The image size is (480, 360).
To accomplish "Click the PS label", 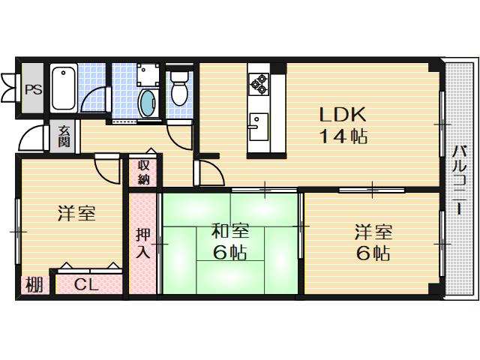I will (32, 88).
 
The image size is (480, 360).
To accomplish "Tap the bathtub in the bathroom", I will (63, 88).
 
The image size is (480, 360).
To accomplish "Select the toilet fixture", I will (179, 90).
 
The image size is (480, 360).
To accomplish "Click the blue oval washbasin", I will (148, 103).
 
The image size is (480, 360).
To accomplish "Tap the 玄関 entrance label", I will (64, 136).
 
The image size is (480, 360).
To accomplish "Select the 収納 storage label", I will (145, 172).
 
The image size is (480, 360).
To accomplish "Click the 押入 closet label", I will (143, 241).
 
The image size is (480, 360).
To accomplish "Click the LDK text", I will (342, 115).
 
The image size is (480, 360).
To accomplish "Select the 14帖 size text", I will (342, 137).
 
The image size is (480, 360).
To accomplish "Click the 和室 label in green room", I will (229, 232).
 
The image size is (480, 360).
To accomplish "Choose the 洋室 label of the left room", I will (76, 214).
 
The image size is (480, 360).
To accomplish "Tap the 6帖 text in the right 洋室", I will (372, 253).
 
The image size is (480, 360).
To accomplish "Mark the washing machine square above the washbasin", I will (146, 75).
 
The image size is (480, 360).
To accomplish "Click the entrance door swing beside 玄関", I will (34, 139).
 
